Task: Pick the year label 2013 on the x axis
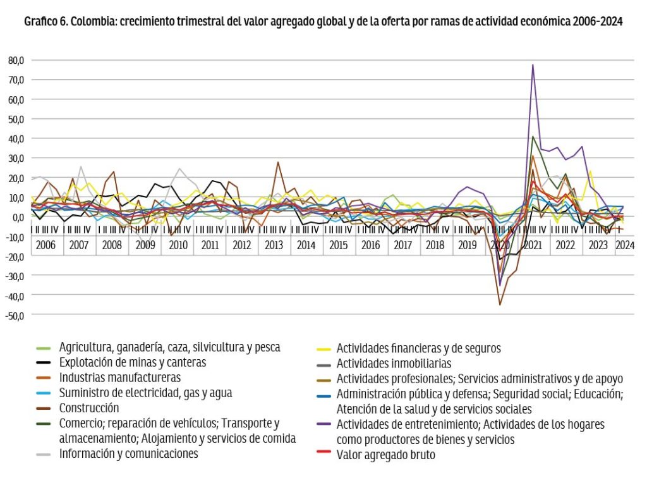[274, 245]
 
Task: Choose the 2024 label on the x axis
[625, 245]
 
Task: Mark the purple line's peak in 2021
[533, 65]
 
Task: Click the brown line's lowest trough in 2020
[500, 305]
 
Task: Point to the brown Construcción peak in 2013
[278, 162]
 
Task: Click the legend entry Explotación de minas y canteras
[133, 362]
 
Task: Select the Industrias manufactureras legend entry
[120, 378]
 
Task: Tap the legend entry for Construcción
[89, 408]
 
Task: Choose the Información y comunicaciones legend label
[128, 453]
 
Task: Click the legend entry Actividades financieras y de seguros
[418, 348]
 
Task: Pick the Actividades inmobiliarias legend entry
[394, 363]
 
